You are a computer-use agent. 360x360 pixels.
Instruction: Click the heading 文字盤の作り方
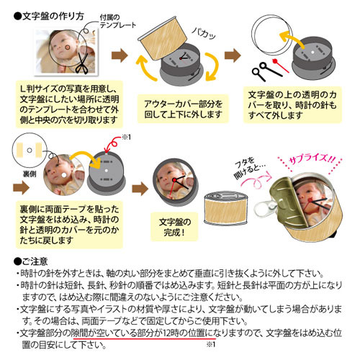tap(49, 17)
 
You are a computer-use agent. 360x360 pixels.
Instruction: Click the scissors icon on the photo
tap(82, 63)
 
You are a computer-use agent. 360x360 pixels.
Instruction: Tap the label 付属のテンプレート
tap(117, 21)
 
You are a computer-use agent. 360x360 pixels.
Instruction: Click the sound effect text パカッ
tap(204, 33)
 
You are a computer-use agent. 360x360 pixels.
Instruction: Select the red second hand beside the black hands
tap(280, 65)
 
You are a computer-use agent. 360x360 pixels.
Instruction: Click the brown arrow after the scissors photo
tap(120, 55)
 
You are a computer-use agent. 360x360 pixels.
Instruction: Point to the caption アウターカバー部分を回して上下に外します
tap(183, 109)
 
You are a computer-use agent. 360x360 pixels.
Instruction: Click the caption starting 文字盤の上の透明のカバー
tap(292, 105)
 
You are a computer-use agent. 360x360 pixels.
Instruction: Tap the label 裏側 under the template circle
tap(30, 174)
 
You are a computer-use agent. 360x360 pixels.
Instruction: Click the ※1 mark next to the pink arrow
tap(127, 137)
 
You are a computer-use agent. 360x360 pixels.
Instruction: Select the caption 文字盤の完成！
tap(175, 227)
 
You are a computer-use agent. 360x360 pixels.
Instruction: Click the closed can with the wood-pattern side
tap(226, 208)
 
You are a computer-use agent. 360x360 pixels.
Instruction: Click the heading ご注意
tap(31, 261)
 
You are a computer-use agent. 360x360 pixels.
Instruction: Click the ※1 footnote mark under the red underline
tap(210, 344)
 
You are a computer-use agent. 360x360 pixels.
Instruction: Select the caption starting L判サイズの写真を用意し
tap(69, 104)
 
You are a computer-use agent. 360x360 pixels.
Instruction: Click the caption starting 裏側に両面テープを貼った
tap(69, 225)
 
